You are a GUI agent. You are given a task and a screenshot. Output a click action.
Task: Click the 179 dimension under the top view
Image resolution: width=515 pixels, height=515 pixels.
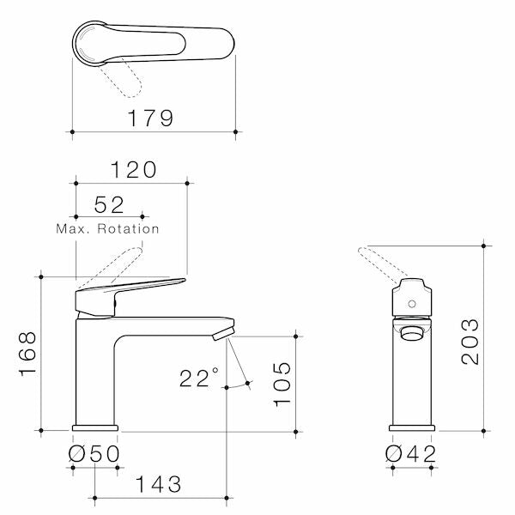click(x=151, y=118)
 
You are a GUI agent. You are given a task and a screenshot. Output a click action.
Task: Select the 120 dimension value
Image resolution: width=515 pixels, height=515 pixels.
click(x=133, y=170)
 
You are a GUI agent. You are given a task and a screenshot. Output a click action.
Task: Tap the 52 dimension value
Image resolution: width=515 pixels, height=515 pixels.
click(x=109, y=204)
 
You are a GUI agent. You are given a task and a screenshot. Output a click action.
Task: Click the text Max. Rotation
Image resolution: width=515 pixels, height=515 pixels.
click(x=107, y=229)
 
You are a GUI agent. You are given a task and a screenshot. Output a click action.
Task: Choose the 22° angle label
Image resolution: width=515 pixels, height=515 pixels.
click(x=199, y=377)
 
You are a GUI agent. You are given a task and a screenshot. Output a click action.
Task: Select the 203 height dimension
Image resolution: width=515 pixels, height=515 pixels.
click(x=470, y=342)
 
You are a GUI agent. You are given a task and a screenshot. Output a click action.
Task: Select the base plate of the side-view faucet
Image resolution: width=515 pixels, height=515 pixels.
click(x=95, y=427)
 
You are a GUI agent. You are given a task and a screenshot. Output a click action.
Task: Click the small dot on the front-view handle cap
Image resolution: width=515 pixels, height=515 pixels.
click(x=412, y=303)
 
